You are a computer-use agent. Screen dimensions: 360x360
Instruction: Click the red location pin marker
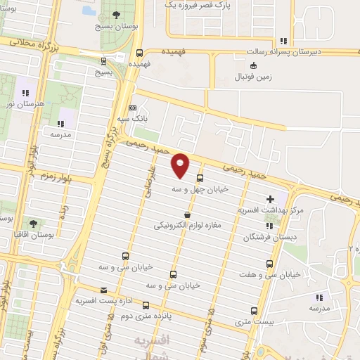click(181, 165)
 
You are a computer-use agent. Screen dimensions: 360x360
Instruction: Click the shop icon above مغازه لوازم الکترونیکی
click(187, 215)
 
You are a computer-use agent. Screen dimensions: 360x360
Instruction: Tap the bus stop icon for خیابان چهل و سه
click(200, 179)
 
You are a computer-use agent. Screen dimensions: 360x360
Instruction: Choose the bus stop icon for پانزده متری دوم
click(146, 305)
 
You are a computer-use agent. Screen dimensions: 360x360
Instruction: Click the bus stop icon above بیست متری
click(254, 310)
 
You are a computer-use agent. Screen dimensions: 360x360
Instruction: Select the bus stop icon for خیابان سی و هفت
click(269, 264)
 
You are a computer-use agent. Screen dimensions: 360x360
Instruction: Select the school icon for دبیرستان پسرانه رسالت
click(283, 41)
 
